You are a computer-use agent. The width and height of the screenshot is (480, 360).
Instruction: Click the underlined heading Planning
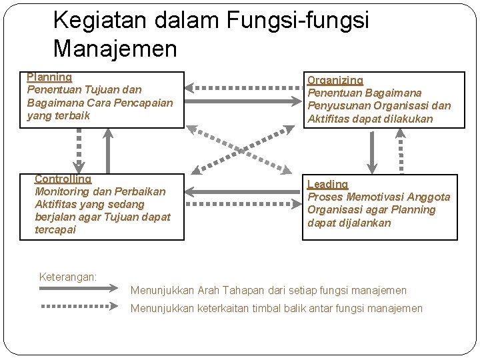coord(49,77)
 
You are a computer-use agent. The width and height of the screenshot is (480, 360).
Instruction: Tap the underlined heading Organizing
coord(335,80)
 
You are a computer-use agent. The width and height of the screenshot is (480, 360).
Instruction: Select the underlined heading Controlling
coord(63,179)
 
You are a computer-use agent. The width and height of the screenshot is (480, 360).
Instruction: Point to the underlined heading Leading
coord(327,184)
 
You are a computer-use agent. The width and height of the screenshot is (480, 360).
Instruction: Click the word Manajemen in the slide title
coord(115,49)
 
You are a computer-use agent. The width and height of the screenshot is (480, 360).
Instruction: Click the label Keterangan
coord(68,276)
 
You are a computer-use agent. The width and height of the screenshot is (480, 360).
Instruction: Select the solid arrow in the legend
coord(79,289)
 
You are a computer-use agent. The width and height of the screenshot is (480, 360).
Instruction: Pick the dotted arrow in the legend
coord(79,307)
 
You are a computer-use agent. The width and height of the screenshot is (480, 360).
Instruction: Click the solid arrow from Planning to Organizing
coord(243,101)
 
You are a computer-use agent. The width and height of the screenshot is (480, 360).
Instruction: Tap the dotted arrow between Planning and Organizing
coord(243,87)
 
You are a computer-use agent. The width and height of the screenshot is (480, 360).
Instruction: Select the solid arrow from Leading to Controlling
coord(243,192)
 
